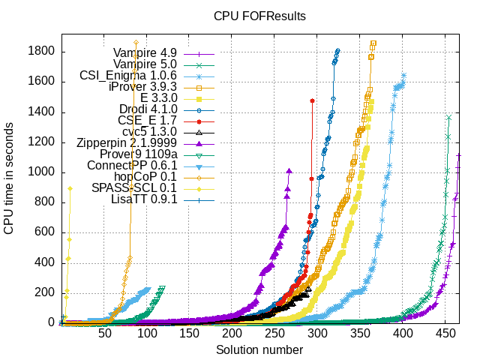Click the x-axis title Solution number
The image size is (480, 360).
259,350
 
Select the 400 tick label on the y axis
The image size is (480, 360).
42,262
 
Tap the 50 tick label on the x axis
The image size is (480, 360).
106,334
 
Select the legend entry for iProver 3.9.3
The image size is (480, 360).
142,87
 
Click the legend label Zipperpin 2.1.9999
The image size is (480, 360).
126,143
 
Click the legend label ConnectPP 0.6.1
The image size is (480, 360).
132,166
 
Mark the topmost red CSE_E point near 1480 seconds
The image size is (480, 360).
312,100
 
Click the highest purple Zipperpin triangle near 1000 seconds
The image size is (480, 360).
289,171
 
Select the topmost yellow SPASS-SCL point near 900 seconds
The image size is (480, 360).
70,189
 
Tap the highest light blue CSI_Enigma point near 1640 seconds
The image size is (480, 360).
404,75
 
